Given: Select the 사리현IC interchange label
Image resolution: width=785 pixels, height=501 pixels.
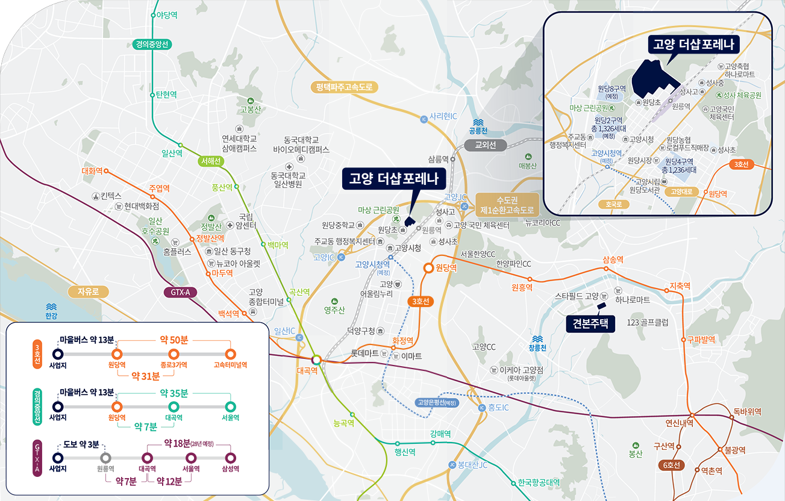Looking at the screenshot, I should (443, 117).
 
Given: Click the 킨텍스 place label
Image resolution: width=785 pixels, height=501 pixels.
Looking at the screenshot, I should (111, 196).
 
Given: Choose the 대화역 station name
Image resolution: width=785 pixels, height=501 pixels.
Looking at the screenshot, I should (92, 170).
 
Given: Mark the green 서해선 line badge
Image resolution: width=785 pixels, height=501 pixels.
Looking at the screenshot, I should (211, 161).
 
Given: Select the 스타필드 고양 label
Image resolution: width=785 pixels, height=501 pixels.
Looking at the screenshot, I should (577, 297).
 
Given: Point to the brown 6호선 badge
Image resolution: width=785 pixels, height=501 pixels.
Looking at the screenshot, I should (671, 465).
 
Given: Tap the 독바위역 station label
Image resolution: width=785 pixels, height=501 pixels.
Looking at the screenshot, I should (747, 412).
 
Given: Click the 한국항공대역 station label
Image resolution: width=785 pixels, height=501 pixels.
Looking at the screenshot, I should (539, 482).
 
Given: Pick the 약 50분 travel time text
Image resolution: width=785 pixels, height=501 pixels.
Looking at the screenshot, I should (174, 340).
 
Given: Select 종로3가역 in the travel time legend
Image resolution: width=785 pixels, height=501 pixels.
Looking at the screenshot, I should (174, 365).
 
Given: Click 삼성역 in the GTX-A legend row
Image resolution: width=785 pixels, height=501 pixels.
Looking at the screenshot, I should (230, 468).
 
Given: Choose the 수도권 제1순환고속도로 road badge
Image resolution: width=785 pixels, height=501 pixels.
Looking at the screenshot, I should (507, 205).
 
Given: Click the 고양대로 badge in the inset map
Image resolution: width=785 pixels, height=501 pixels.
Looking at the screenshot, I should (681, 192).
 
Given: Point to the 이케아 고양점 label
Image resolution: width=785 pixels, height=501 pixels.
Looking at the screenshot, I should (521, 370).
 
